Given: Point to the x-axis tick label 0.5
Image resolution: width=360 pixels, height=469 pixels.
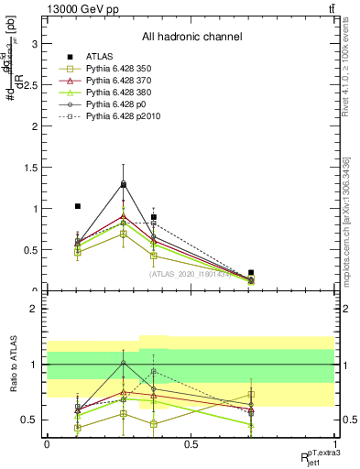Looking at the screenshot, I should (x=191, y=444).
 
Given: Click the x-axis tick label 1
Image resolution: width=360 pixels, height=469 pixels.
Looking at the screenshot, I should (x=335, y=444).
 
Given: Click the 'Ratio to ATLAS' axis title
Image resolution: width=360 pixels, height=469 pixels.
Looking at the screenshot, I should (x=12, y=364).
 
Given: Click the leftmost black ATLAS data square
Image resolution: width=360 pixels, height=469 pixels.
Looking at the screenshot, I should (x=77, y=206).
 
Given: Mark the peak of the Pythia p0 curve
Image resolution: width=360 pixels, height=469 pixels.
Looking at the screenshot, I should (x=123, y=184).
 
